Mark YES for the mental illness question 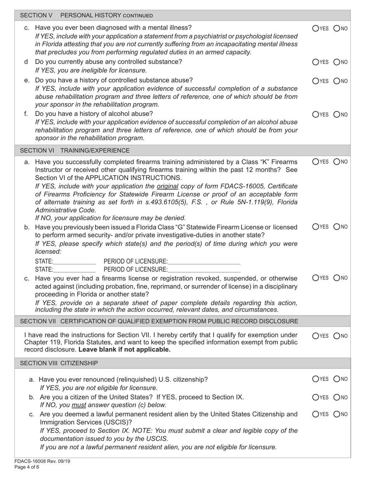pos(315,28)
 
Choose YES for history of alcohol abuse pos(315,114)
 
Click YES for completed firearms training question pos(315,162)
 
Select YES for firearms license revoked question pos(315,278)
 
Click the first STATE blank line pos(75,262)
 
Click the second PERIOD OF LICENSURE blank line pos(204,270)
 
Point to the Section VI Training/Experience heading pos(75,150)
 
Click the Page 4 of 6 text pos(27,467)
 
